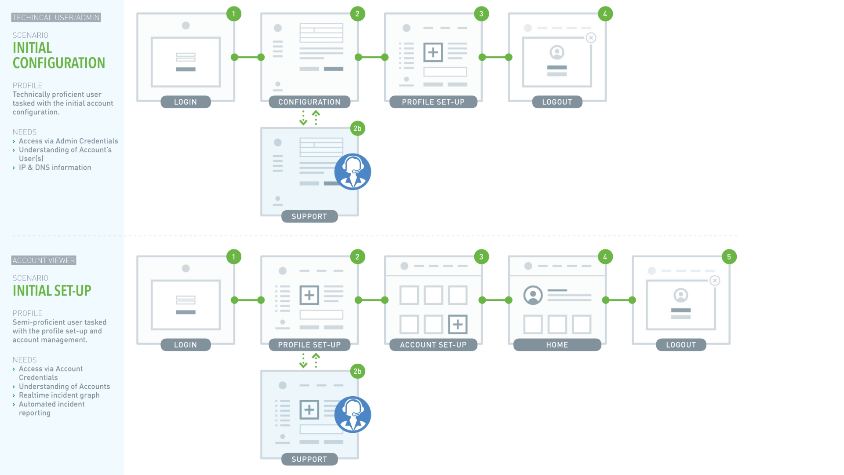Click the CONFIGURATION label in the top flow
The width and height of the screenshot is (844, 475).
pyautogui.click(x=309, y=102)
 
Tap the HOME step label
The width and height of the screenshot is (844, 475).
pyautogui.click(x=557, y=345)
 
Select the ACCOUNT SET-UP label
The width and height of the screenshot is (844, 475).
pyautogui.click(x=433, y=345)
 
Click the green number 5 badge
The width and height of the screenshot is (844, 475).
pyautogui.click(x=729, y=257)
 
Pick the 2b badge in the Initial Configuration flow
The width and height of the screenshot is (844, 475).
pyautogui.click(x=357, y=128)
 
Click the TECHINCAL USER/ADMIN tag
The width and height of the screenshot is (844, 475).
pyautogui.click(x=56, y=18)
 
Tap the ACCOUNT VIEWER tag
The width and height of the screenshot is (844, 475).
pyautogui.click(x=44, y=260)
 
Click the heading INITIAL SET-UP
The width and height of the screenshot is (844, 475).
pyautogui.click(x=52, y=291)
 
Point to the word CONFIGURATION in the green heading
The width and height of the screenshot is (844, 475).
pyautogui.click(x=59, y=63)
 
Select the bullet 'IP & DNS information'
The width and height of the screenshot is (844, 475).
pyautogui.click(x=55, y=168)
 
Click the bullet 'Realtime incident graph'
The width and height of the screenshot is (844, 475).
pyautogui.click(x=59, y=395)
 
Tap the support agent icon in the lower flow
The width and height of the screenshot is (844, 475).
pyautogui.click(x=353, y=415)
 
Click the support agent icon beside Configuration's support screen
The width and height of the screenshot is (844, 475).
pyautogui.click(x=353, y=172)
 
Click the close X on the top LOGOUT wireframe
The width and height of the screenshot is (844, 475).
pyautogui.click(x=591, y=38)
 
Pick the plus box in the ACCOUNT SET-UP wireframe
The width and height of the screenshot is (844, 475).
pyautogui.click(x=458, y=325)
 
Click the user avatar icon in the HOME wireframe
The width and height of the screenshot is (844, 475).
pyautogui.click(x=533, y=295)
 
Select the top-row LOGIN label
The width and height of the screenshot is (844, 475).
pyautogui.click(x=186, y=102)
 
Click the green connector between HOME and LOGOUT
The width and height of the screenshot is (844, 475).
pyautogui.click(x=619, y=300)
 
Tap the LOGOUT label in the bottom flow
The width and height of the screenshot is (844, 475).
pyautogui.click(x=681, y=345)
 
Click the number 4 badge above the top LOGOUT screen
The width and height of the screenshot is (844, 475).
pyautogui.click(x=605, y=14)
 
